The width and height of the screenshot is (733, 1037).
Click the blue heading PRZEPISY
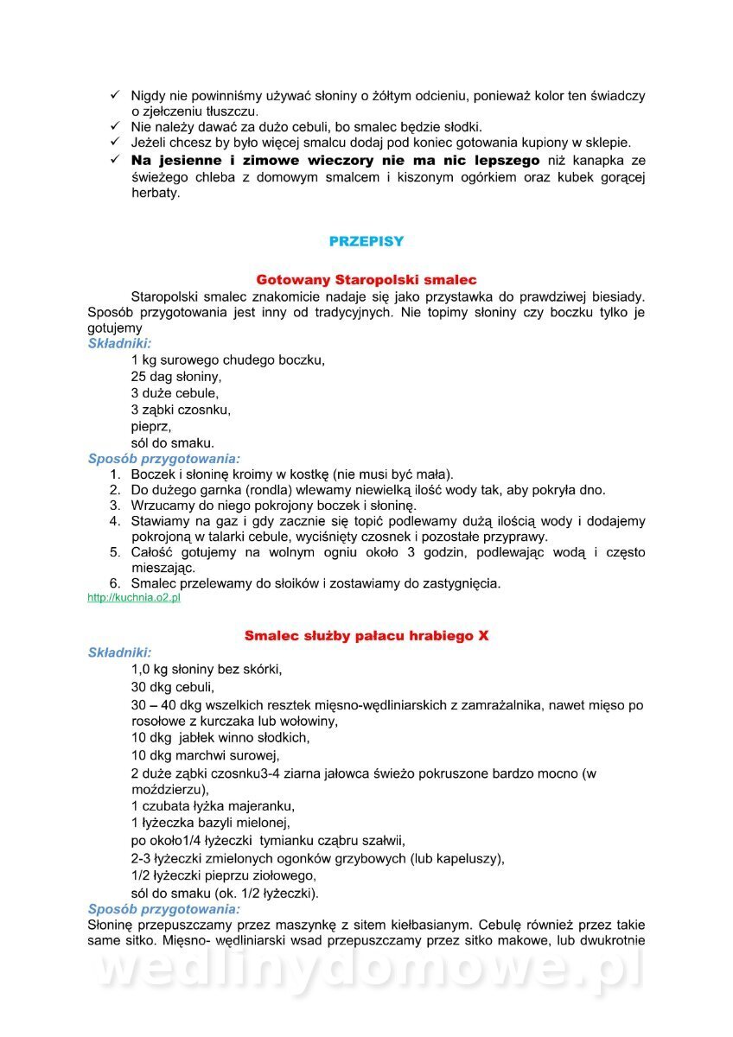[x=366, y=242]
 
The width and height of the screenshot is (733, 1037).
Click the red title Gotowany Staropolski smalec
[x=366, y=280]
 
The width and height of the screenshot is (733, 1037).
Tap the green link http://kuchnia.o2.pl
[x=134, y=598]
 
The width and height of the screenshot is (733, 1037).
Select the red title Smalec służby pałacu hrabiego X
[x=366, y=635]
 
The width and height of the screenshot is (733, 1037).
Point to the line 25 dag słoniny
[x=176, y=377]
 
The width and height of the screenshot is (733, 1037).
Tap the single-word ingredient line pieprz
[x=151, y=426]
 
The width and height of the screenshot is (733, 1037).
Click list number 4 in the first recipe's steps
[x=115, y=521]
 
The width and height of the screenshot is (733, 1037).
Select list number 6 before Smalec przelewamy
[x=115, y=583]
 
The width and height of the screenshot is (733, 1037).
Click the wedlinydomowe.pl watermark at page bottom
[x=366, y=970]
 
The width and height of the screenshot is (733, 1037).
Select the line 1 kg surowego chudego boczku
[x=228, y=359]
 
